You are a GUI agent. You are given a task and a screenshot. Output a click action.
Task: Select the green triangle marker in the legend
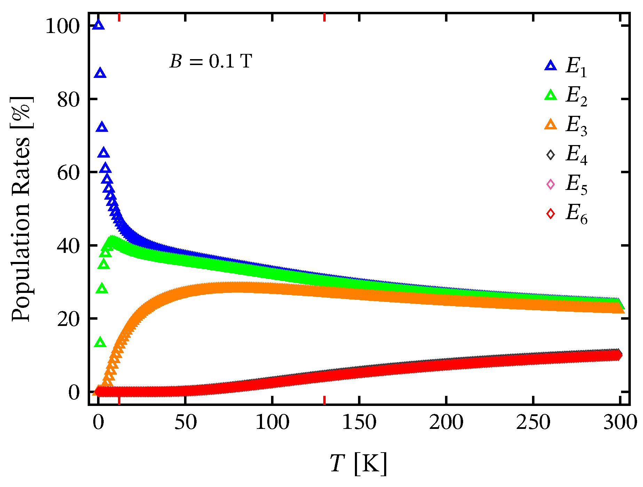pyautogui.click(x=550, y=95)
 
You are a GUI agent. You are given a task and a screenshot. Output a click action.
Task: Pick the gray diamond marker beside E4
pyautogui.click(x=550, y=154)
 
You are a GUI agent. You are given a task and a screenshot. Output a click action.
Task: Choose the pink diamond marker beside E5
pyautogui.click(x=550, y=184)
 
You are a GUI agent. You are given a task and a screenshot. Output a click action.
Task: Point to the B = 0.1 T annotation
pyautogui.click(x=211, y=62)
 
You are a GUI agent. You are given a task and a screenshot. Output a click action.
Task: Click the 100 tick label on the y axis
pyautogui.click(x=63, y=26)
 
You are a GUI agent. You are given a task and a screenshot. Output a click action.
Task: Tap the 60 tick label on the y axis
pyautogui.click(x=69, y=173)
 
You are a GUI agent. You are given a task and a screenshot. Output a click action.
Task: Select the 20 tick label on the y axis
pyautogui.click(x=69, y=319)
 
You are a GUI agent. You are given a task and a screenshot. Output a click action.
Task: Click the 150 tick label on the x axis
pyautogui.click(x=359, y=423)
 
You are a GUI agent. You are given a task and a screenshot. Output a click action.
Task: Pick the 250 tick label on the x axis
pyautogui.click(x=533, y=423)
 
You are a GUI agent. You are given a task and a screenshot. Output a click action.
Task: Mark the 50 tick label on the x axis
pyautogui.click(x=185, y=423)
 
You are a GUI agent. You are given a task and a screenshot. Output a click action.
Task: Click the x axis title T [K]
pyautogui.click(x=358, y=464)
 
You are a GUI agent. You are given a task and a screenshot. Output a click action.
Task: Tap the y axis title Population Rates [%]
pyautogui.click(x=22, y=209)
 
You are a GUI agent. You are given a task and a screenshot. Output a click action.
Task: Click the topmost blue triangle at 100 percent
pyautogui.click(x=98, y=25)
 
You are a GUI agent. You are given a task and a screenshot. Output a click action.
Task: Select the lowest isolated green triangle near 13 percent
pyautogui.click(x=100, y=342)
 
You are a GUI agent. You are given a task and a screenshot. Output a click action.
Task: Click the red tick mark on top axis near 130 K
pyautogui.click(x=324, y=17)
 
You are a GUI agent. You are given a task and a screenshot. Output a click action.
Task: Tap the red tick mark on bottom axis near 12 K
pyautogui.click(x=119, y=400)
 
